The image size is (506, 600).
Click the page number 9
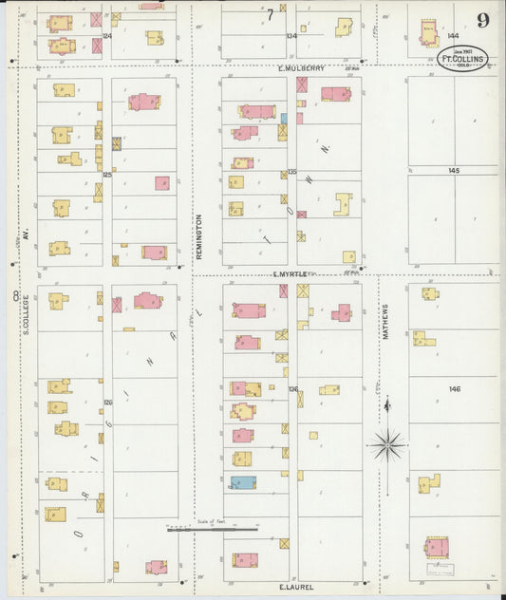tap(483, 21)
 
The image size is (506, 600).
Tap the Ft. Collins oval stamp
tap(463, 59)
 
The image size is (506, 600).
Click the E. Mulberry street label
tap(301, 68)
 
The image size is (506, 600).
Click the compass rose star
tap(386, 443)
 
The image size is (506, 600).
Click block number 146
tap(454, 389)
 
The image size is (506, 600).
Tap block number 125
tap(107, 175)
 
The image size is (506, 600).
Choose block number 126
tap(107, 403)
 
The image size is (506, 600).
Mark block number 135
tap(292, 172)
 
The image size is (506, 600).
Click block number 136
tap(292, 389)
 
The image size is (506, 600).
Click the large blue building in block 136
tap(243, 482)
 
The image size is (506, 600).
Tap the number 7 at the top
tap(271, 14)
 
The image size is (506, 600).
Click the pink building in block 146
tap(436, 547)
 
